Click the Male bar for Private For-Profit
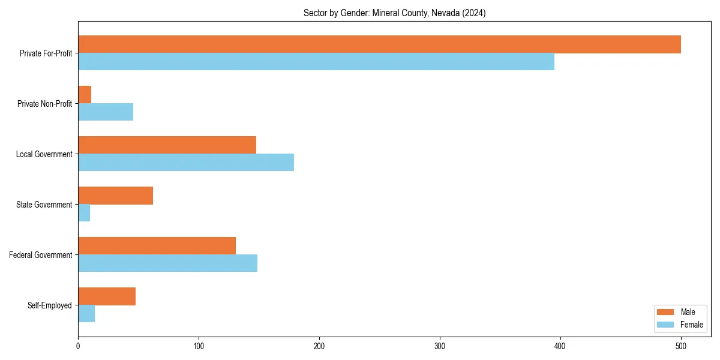(x=379, y=44)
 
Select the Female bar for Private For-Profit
(x=316, y=62)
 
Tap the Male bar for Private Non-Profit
(x=85, y=95)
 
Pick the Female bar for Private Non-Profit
(x=106, y=112)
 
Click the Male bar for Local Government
(x=167, y=145)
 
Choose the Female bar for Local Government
(x=186, y=163)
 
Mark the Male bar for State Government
(x=115, y=196)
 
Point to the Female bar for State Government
(x=84, y=213)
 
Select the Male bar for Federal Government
(x=157, y=246)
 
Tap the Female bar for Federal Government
(x=167, y=263)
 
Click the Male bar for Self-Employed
(x=107, y=296)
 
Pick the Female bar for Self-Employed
(x=86, y=314)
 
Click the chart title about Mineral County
(x=394, y=13)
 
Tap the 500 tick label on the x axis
(x=681, y=346)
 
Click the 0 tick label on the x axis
(x=78, y=346)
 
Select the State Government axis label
(x=44, y=205)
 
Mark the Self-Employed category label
(x=49, y=305)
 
